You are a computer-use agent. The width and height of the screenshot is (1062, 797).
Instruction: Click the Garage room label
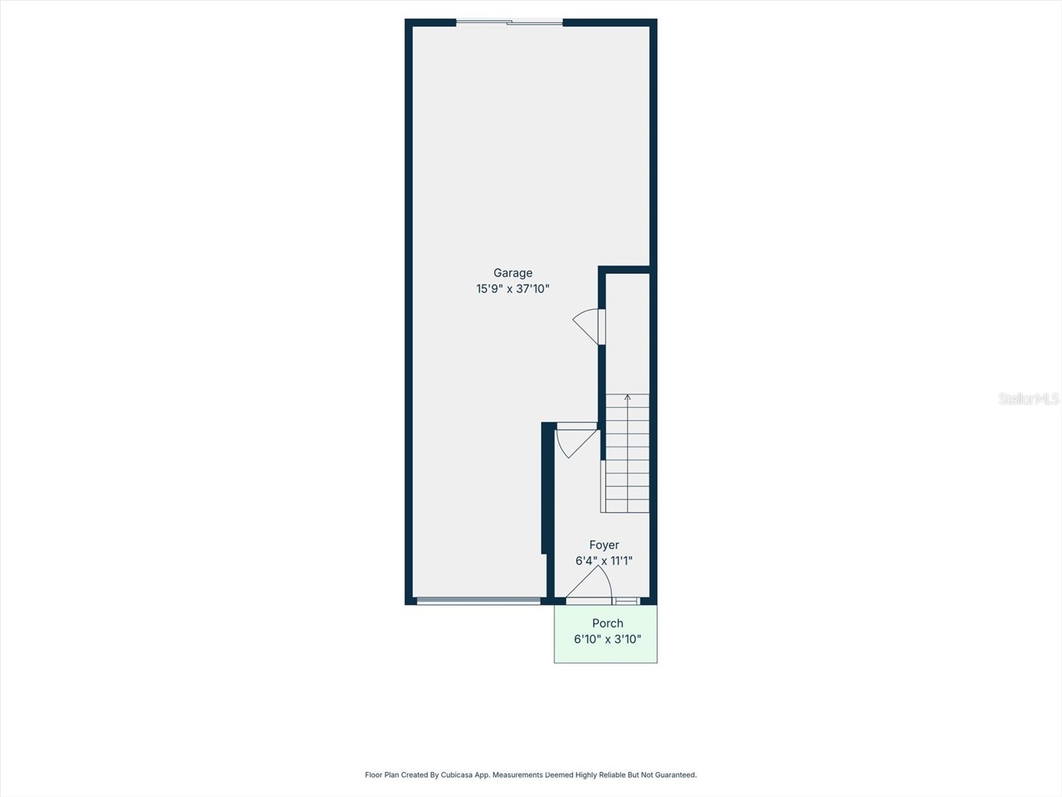tap(512, 273)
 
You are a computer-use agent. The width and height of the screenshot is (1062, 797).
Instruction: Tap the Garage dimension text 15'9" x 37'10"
tap(512, 289)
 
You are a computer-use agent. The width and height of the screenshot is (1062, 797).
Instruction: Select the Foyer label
tap(604, 545)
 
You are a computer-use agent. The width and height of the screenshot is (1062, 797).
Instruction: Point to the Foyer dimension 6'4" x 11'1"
tap(604, 561)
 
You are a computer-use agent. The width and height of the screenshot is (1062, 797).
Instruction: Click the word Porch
tap(607, 624)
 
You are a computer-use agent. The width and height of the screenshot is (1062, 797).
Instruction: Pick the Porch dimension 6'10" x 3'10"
tap(607, 640)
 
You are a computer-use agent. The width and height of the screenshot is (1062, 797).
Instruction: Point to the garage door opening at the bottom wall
tap(479, 601)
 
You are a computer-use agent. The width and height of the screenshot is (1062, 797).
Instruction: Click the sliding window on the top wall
tap(509, 23)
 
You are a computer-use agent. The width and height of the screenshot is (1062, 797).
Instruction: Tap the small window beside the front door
tap(626, 601)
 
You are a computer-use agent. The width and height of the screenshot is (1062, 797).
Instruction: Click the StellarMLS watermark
tap(1028, 399)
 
